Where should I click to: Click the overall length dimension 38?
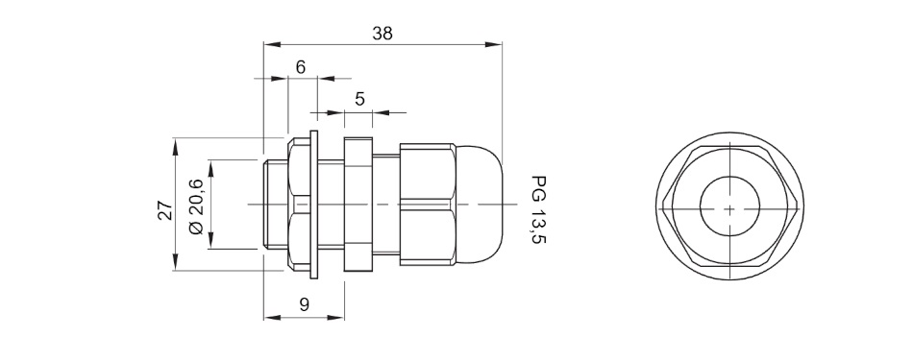(x=382, y=34)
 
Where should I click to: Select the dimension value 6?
(x=301, y=67)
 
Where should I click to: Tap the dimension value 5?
(x=359, y=99)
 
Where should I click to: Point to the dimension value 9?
(x=304, y=303)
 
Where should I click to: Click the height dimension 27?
(x=165, y=210)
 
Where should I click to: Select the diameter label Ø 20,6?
(x=196, y=206)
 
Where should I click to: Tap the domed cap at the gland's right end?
(x=478, y=205)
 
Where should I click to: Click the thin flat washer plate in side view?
(x=314, y=205)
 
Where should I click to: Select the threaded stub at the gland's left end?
(x=275, y=205)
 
